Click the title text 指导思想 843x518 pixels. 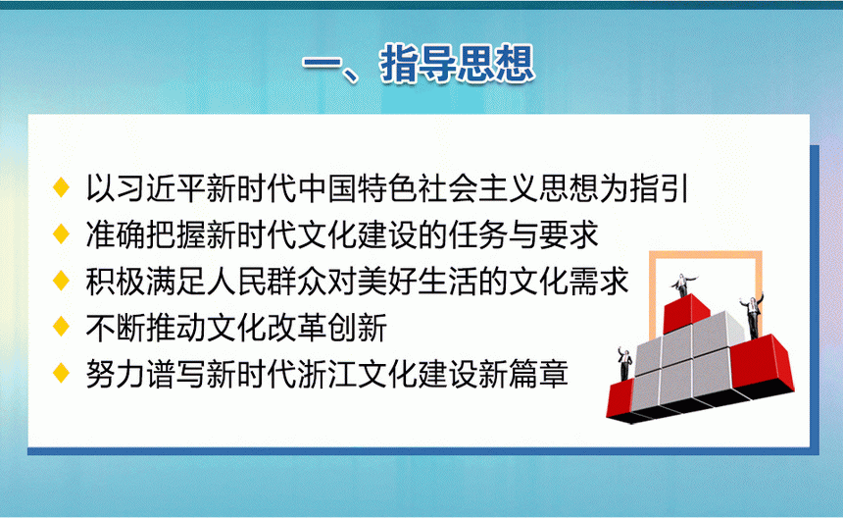tap(457, 65)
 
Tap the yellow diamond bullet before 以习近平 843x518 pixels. tap(62, 187)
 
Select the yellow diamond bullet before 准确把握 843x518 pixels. tap(62, 234)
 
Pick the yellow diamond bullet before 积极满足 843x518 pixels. tap(62, 281)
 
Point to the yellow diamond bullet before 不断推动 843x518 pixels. tap(62, 327)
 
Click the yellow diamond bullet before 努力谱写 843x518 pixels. tap(62, 373)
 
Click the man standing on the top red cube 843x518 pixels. tap(683, 285)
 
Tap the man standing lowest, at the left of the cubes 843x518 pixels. tap(624, 364)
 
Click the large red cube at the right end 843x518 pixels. tap(762, 365)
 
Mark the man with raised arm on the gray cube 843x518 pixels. tap(753, 316)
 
